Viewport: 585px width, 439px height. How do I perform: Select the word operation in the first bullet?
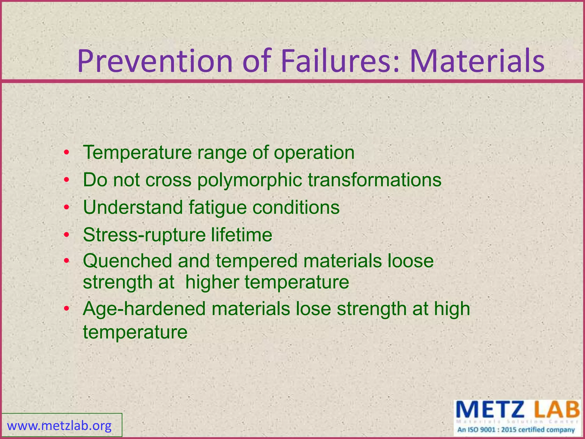[x=314, y=153]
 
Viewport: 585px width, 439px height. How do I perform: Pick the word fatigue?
[x=217, y=208]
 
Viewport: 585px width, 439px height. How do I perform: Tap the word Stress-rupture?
[x=144, y=235]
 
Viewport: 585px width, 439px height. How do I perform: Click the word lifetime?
[x=242, y=235]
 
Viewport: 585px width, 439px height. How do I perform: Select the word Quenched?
[x=128, y=261]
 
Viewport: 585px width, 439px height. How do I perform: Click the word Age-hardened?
[x=144, y=309]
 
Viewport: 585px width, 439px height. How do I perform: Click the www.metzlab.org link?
[x=59, y=426]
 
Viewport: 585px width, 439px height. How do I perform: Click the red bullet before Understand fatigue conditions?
[x=66, y=207]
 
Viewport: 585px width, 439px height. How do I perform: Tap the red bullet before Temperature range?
[x=66, y=153]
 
